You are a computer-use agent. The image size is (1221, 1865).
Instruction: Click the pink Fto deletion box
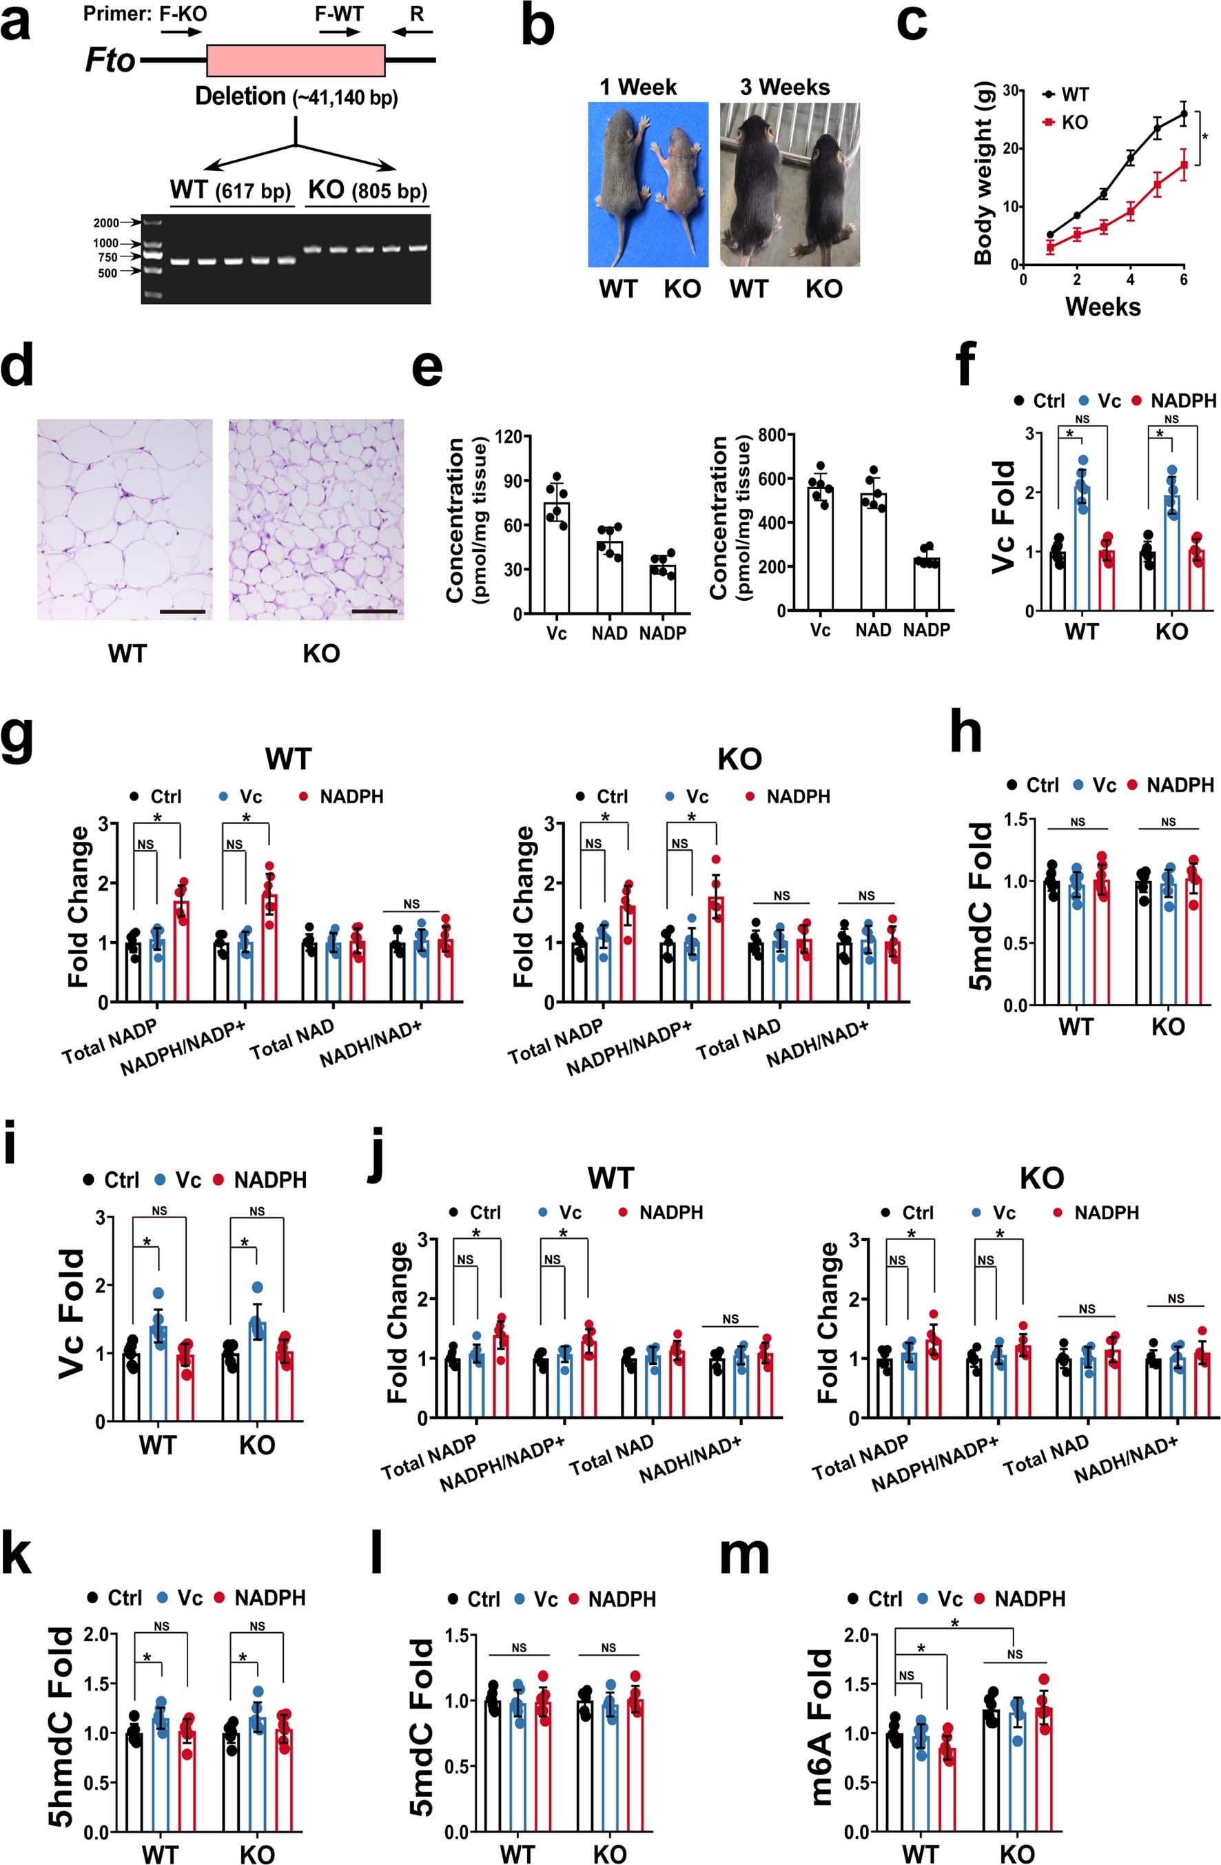[x=296, y=61]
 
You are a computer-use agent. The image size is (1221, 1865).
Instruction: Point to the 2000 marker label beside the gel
[x=106, y=223]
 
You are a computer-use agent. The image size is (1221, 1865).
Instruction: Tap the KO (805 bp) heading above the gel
[x=367, y=190]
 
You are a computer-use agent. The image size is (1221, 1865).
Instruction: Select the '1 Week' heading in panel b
[x=638, y=87]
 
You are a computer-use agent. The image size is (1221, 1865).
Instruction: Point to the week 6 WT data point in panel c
[x=1183, y=114]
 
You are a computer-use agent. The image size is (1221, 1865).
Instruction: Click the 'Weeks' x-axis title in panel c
[x=1102, y=306]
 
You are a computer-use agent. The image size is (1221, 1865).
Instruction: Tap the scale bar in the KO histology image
[x=375, y=610]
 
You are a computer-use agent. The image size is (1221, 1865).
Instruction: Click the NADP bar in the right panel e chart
[x=926, y=584]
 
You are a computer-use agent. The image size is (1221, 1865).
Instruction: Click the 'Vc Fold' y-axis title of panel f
[x=1003, y=517]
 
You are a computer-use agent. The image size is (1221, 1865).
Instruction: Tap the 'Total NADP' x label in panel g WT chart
[x=110, y=1042]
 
